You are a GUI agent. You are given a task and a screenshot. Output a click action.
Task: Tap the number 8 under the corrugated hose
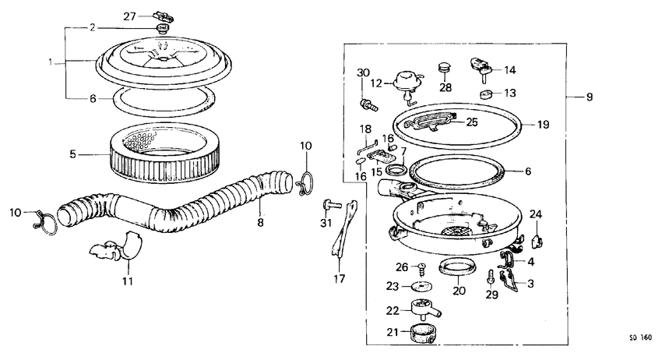pos(260,223)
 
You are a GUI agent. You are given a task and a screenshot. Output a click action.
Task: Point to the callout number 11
pos(127,281)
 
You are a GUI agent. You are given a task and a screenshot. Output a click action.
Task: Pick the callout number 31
pos(326,225)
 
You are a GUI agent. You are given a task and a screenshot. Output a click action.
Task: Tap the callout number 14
pos(509,69)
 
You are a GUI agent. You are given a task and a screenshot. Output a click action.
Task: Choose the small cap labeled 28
pos(445,69)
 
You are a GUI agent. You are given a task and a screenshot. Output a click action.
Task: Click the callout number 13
pos(509,93)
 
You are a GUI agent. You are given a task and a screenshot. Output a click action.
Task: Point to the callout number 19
pos(543,124)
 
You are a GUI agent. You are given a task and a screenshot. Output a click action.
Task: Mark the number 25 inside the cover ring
pos(472,122)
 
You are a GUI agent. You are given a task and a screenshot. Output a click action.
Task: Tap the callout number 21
pos(393,333)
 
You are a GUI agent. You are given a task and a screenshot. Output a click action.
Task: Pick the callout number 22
pos(393,310)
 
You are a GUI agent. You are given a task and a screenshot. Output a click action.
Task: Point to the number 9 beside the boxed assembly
pos(589,97)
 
